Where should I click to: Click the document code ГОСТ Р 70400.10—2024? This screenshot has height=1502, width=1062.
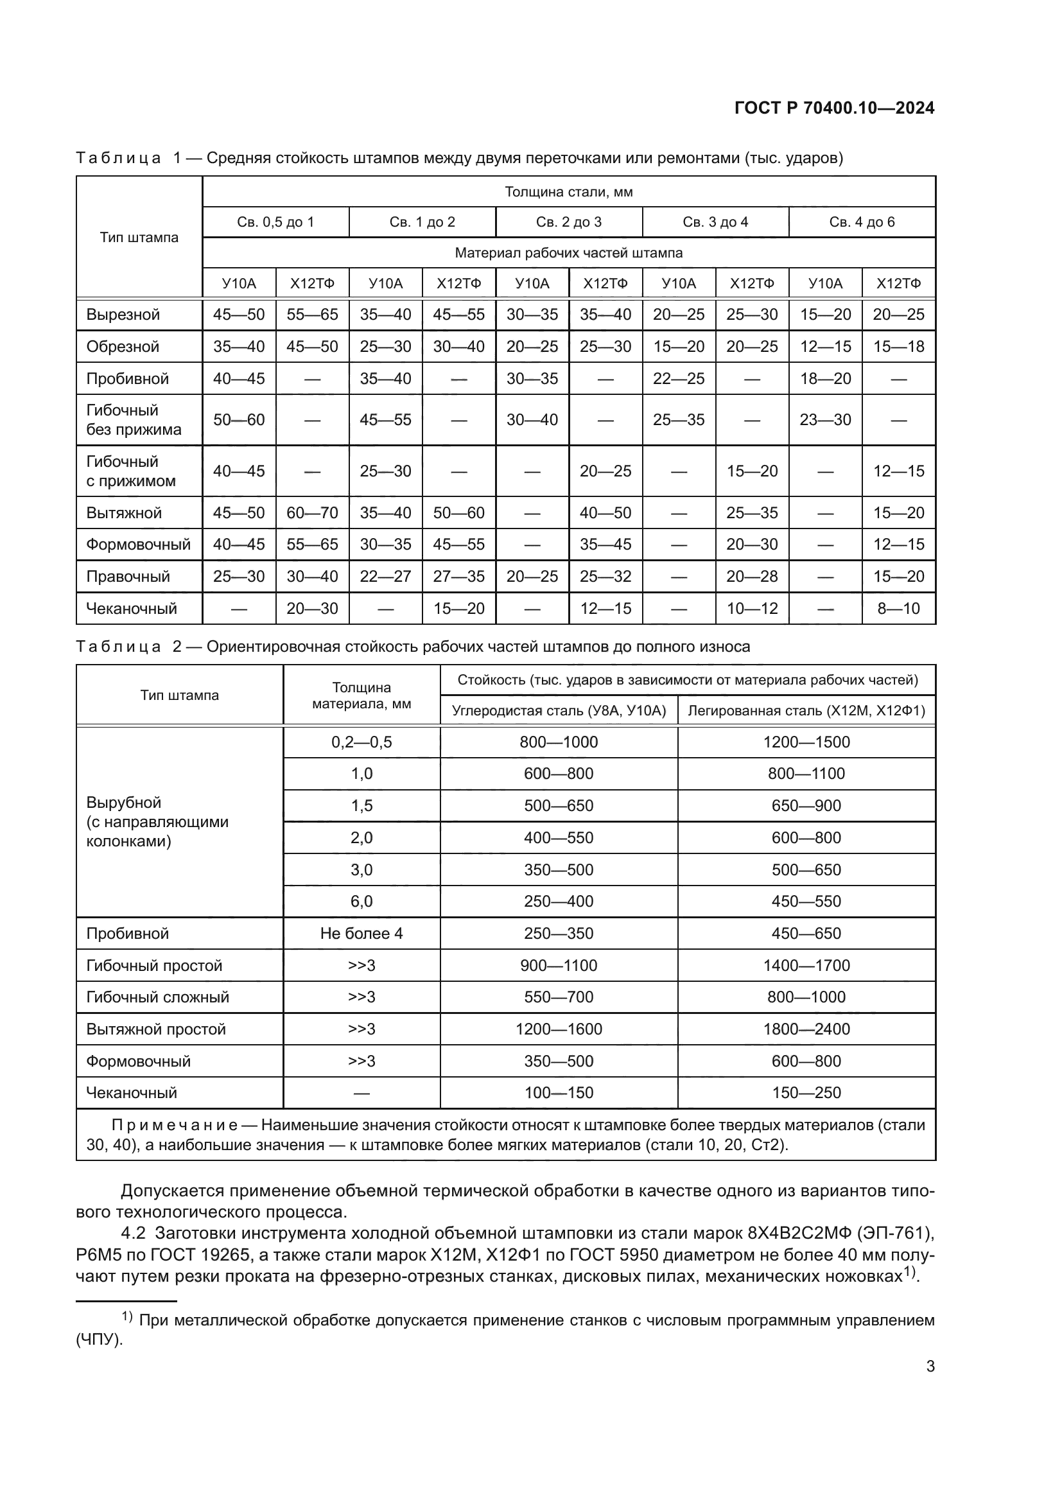coord(835,109)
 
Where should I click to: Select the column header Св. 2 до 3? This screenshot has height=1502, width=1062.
coord(568,222)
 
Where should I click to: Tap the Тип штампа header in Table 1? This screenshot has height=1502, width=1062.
coord(139,238)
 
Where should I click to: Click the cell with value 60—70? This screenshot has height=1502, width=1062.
coord(312,513)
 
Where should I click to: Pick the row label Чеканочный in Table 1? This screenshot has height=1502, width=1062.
coord(132,608)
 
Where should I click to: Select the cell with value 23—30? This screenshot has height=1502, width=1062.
coord(825,420)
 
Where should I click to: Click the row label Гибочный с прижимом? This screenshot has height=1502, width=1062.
coord(131,471)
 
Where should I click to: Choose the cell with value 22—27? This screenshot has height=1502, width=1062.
coord(385,576)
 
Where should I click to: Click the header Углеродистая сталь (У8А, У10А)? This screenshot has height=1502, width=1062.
coord(559,711)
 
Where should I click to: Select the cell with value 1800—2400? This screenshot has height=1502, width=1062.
coord(806,1029)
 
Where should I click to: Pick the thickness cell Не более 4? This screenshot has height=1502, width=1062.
coord(361,934)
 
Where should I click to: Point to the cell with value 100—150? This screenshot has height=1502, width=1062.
coord(559,1092)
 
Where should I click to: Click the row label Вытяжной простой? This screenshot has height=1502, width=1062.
coord(155,1029)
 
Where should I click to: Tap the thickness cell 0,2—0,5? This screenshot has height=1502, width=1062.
coord(361,742)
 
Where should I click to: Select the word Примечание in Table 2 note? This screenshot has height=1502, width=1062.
coord(174,1125)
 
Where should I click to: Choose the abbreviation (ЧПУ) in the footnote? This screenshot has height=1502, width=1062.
coord(100,1340)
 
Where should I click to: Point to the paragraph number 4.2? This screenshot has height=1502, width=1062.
coord(133,1234)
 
